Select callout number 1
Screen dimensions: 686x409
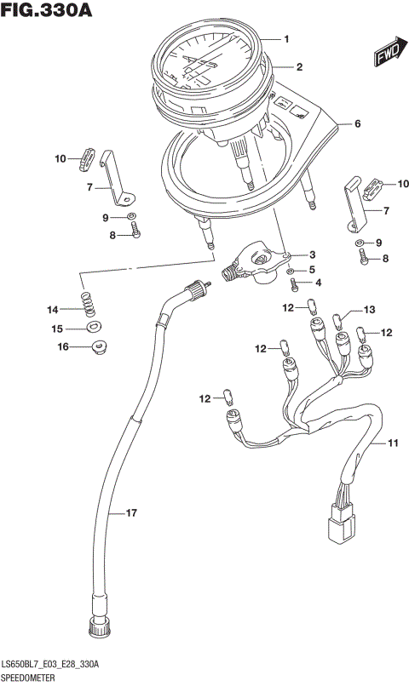287,39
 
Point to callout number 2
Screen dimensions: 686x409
299,66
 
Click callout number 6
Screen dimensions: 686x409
357,124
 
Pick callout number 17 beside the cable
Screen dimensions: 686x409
131,512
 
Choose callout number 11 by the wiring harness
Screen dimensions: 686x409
393,443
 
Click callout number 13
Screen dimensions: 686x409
369,310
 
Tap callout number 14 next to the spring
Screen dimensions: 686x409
53,309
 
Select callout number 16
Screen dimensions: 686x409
63,346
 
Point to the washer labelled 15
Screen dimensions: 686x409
92,327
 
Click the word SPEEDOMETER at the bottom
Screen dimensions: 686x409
30,677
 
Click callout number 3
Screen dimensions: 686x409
313,254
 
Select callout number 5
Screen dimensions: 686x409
312,269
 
